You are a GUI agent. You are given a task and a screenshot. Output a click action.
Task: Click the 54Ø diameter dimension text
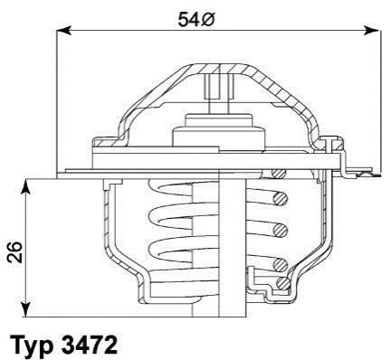[x=195, y=20]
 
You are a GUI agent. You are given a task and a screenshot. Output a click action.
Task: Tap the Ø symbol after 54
[x=207, y=20]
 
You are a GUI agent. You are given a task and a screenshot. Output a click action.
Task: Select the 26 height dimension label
[x=15, y=251]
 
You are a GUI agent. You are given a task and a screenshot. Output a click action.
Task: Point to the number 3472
[x=90, y=344]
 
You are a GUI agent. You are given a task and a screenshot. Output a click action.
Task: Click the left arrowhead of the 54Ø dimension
[x=64, y=31]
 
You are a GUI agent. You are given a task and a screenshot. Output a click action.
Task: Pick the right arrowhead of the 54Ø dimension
[x=371, y=31]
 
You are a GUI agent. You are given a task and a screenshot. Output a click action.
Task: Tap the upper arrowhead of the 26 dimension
[x=26, y=186]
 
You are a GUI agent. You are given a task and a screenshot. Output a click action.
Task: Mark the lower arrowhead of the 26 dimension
[x=26, y=309]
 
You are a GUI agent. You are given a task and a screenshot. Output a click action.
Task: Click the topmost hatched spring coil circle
[x=279, y=173]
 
